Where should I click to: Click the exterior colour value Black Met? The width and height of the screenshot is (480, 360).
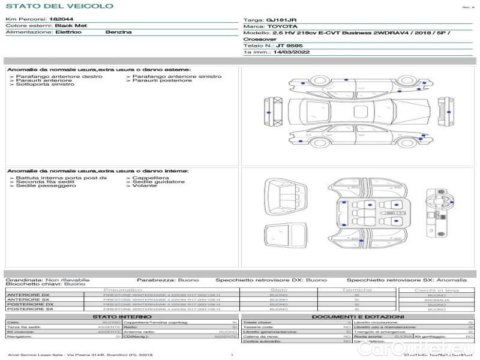coord(70,26)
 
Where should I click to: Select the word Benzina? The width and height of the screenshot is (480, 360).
coord(118,32)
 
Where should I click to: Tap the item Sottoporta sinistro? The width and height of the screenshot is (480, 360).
coord(45,84)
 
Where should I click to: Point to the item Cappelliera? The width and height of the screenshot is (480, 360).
coord(150,178)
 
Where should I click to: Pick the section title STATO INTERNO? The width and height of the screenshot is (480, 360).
coord(118,316)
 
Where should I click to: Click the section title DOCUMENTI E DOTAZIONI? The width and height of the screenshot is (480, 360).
coord(358,316)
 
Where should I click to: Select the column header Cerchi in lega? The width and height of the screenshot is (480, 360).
coord(436,290)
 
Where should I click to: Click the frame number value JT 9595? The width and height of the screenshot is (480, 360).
coord(290,46)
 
